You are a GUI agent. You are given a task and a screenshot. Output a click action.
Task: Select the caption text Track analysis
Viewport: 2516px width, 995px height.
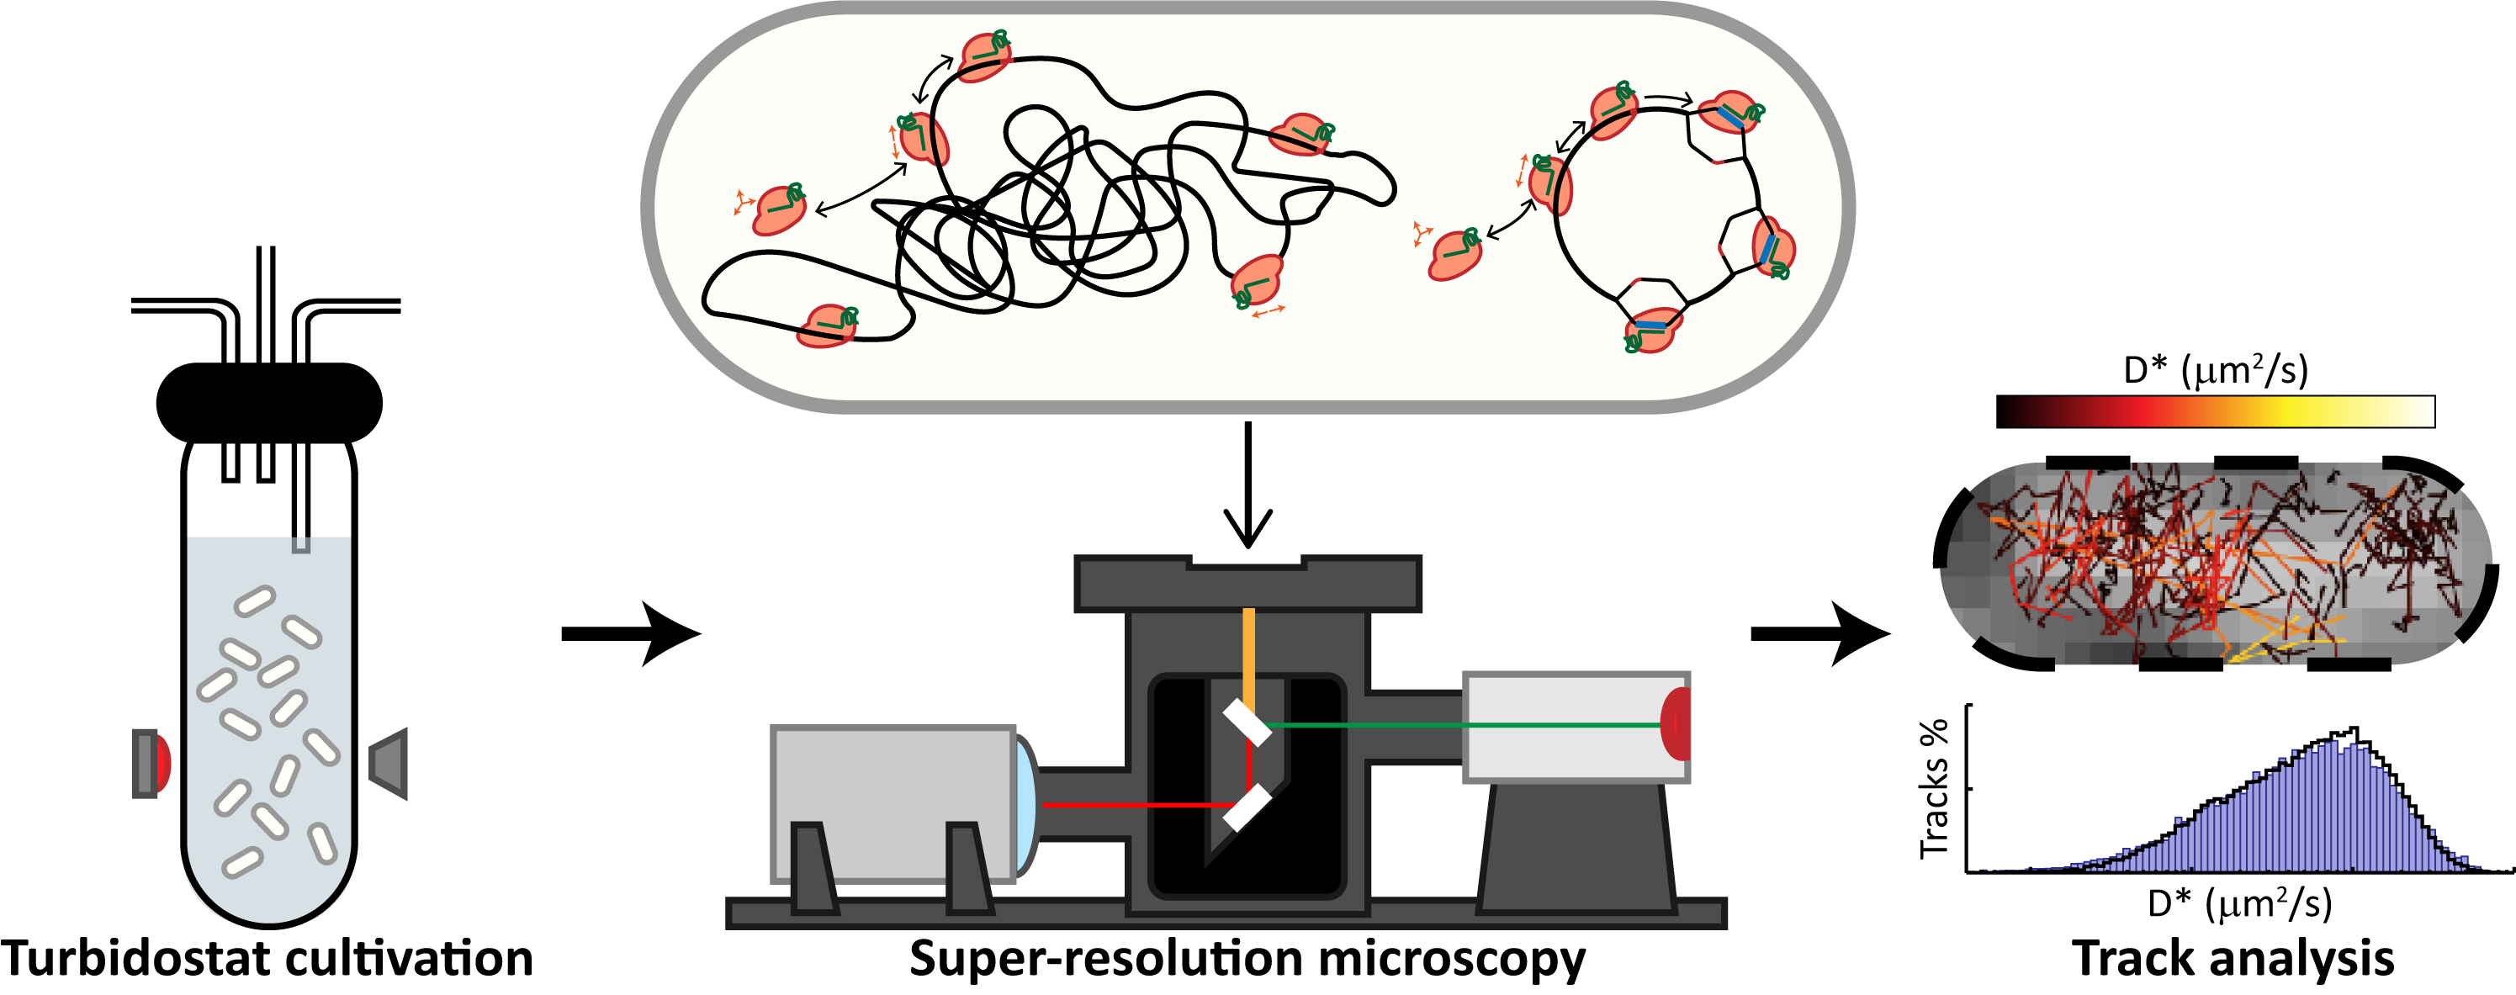2233,958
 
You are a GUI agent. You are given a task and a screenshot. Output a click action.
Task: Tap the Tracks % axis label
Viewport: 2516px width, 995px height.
1934,789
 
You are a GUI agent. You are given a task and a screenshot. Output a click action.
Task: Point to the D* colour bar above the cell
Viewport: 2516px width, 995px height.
2215,411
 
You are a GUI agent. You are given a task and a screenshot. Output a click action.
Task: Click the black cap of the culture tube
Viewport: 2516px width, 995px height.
268,402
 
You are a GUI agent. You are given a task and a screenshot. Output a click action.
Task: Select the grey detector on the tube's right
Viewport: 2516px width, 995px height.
389,762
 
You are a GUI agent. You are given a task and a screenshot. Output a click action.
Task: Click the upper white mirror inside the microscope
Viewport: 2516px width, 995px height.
1247,722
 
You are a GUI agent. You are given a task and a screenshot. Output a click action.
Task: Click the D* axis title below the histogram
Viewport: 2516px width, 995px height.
2238,903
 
